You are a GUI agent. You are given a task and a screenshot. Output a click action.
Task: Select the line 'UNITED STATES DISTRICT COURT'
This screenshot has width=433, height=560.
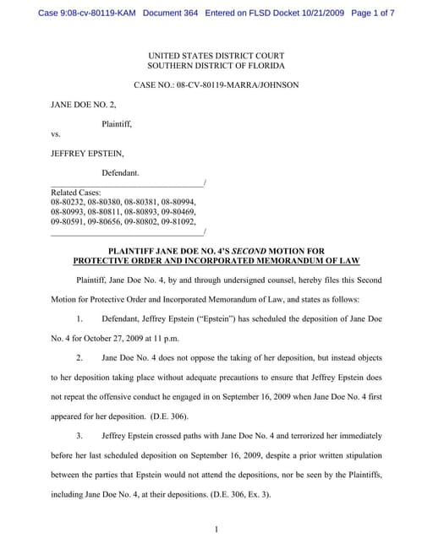pyautogui.click(x=216, y=55)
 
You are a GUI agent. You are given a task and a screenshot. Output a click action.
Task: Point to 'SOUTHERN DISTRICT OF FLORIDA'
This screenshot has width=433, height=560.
pyautogui.click(x=216, y=65)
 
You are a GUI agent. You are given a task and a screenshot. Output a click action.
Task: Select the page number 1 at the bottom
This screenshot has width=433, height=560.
pyautogui.click(x=216, y=530)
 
